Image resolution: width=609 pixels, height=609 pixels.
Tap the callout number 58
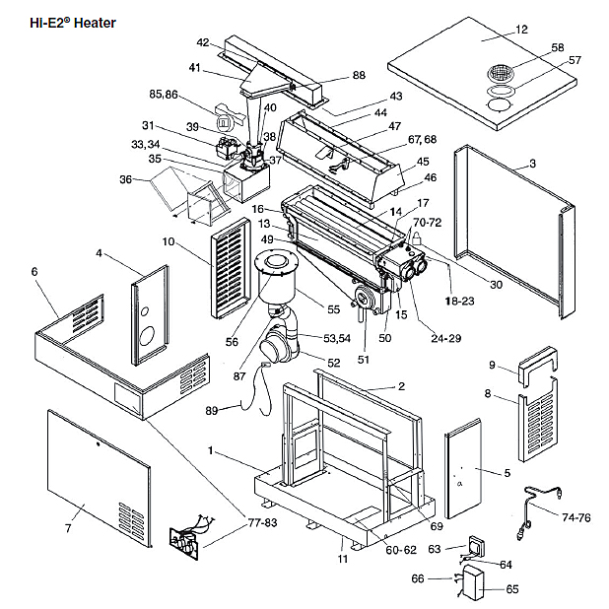tap(558, 46)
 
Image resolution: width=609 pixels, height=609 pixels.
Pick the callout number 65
tap(511, 589)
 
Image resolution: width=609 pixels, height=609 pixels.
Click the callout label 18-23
tap(459, 298)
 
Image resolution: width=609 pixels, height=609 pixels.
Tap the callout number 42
tap(203, 42)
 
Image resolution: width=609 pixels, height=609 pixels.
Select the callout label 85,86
tap(163, 95)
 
